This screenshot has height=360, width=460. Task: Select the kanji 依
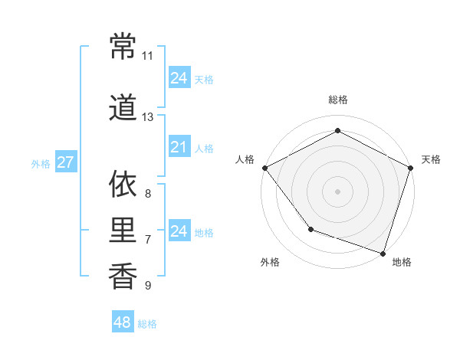123,185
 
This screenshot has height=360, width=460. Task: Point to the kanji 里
123,230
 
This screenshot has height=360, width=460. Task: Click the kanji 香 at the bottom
123,276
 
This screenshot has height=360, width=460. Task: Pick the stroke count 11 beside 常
147,56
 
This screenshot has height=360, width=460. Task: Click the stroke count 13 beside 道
147,117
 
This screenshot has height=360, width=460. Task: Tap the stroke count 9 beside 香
147,286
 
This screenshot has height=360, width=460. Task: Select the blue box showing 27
65,162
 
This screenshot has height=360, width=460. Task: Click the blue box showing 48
123,323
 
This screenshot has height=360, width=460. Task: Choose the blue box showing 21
179,147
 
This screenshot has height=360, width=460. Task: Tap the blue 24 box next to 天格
179,78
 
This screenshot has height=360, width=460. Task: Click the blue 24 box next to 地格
179,231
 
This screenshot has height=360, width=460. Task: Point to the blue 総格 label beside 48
147,324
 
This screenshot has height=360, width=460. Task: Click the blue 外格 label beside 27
41,163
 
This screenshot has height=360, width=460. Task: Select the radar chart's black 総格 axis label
338,100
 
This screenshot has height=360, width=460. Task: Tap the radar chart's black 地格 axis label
402,262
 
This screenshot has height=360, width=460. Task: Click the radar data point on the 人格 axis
265,168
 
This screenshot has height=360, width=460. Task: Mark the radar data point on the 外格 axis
310,229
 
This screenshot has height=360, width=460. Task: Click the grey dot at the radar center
338,191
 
